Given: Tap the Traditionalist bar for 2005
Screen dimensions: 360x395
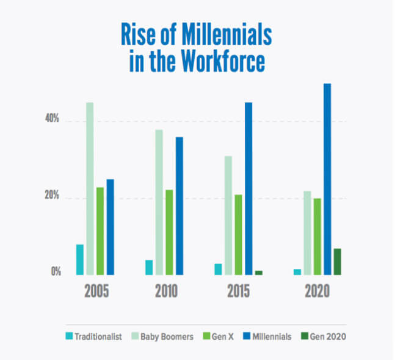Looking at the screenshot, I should pos(80,259).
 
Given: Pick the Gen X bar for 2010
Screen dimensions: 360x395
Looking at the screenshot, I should pos(169,232).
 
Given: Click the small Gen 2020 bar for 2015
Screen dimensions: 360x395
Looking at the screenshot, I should pos(258,273).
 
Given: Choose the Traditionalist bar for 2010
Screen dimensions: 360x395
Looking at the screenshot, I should pos(149,267).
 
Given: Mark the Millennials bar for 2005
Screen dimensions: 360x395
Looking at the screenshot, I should pos(110,227).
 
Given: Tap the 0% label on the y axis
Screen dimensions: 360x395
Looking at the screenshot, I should pos(56,272).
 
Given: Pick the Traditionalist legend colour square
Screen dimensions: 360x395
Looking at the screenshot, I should pos(70,336).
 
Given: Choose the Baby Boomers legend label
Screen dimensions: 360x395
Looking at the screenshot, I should pos(167,336).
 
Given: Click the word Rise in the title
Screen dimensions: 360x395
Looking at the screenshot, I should pos(140,36).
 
